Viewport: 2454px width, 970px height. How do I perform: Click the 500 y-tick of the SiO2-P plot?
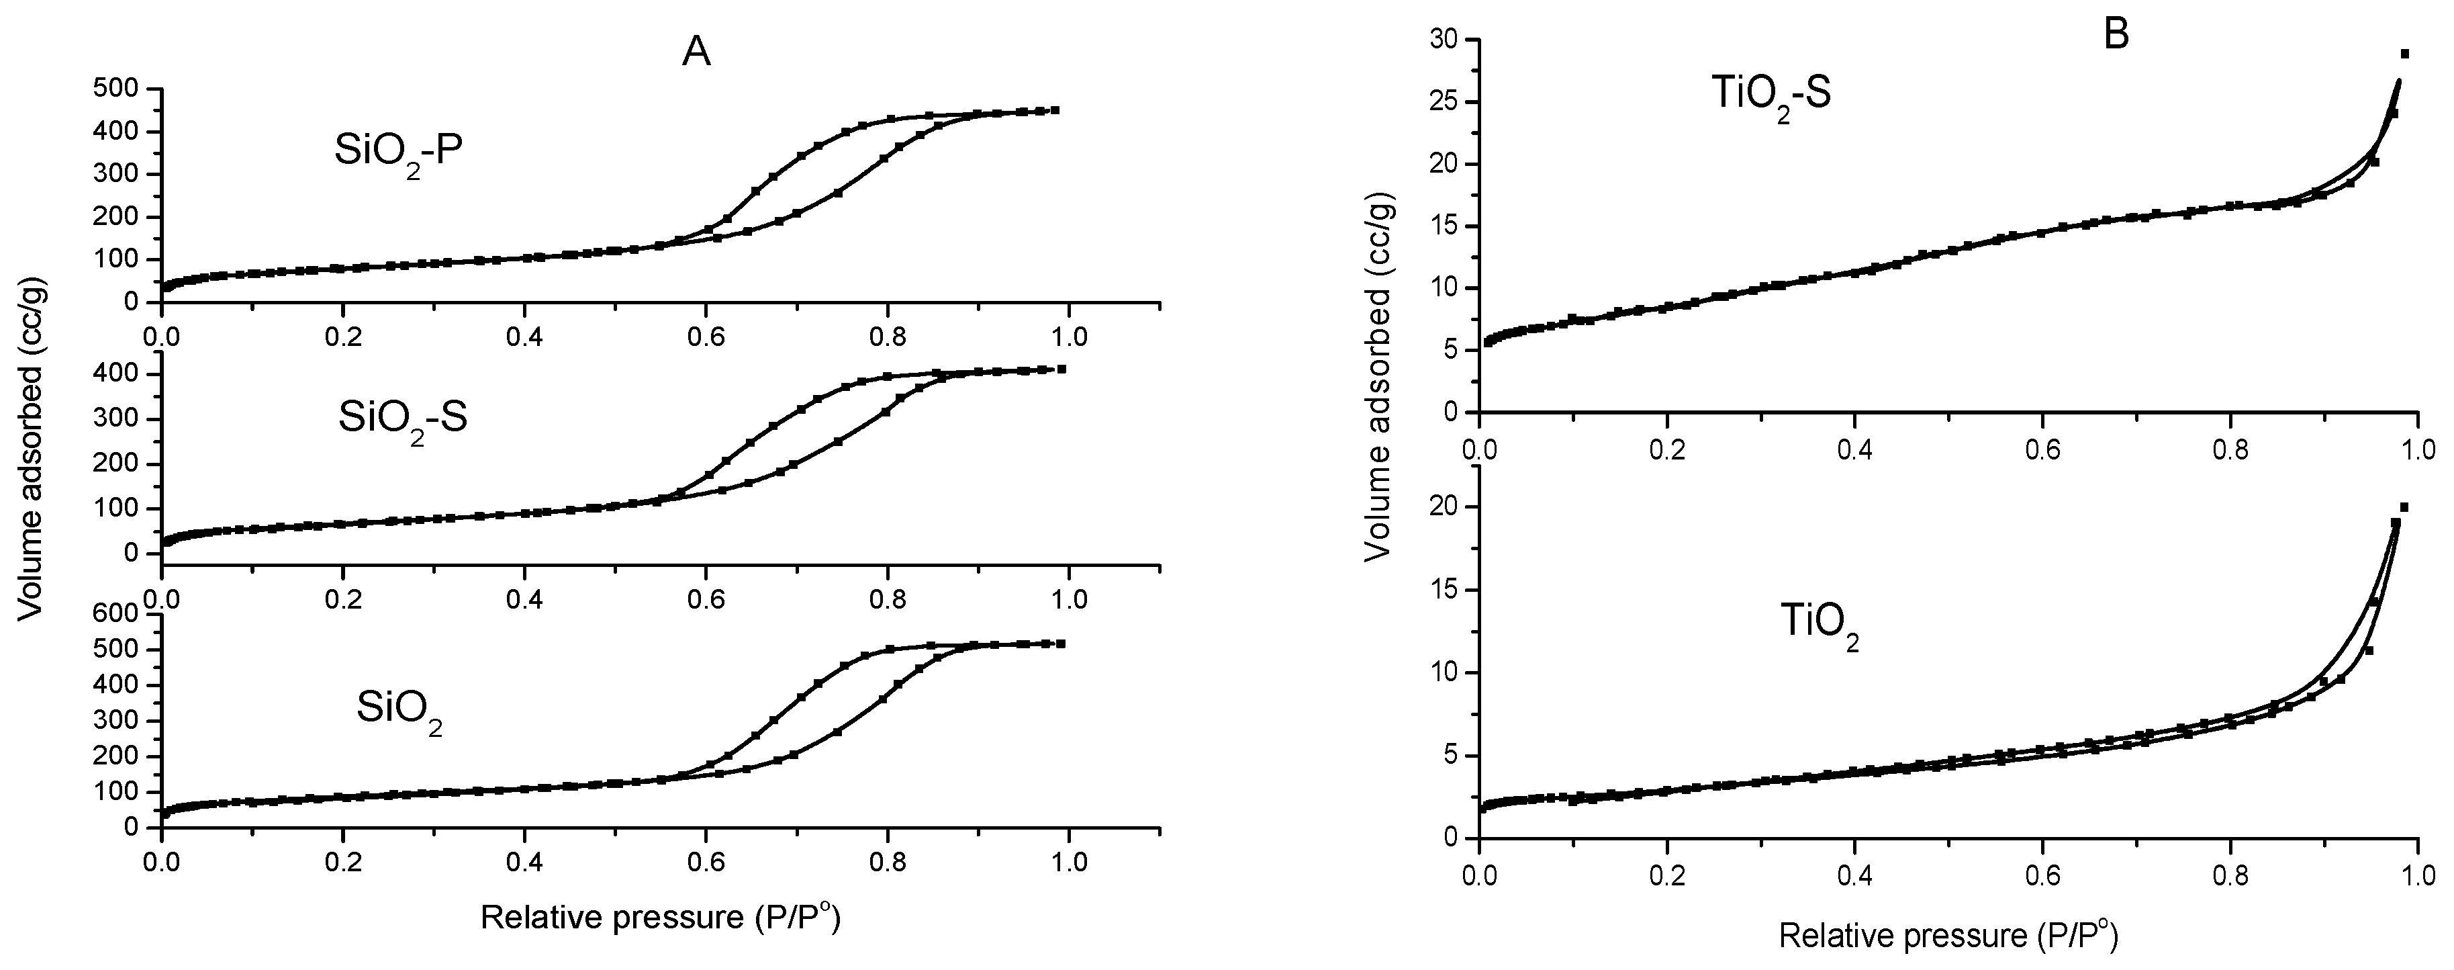coord(119,89)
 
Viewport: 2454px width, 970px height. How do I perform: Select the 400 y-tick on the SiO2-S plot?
coord(119,374)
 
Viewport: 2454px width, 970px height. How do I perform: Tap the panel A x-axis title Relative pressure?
coord(660,918)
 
